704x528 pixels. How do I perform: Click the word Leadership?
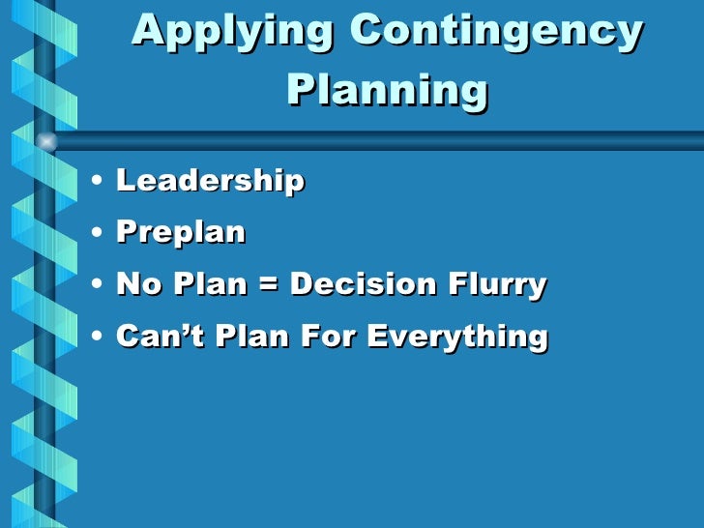[210, 181]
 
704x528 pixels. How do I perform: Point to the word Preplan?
[181, 233]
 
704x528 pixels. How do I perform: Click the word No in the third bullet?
[135, 285]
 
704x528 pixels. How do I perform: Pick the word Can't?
[151, 337]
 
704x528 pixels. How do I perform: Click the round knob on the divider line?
[45, 141]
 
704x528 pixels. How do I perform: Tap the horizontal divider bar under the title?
[387, 141]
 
